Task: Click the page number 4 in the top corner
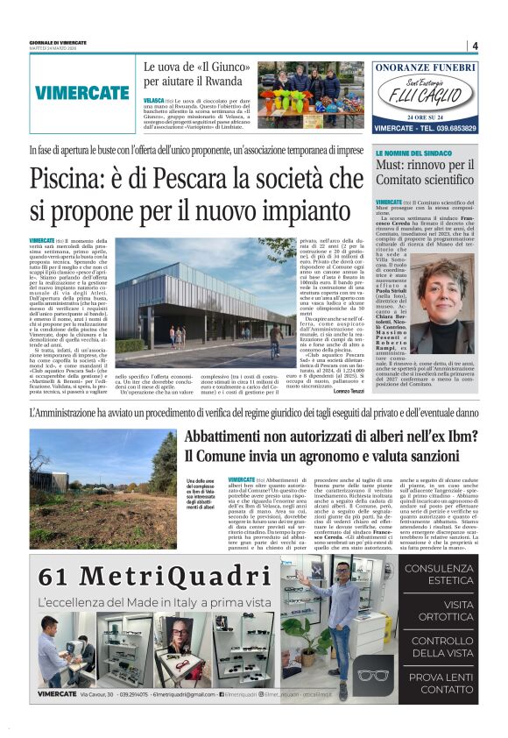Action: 474,46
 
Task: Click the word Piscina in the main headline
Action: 78,180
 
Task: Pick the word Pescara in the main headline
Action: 233,180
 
